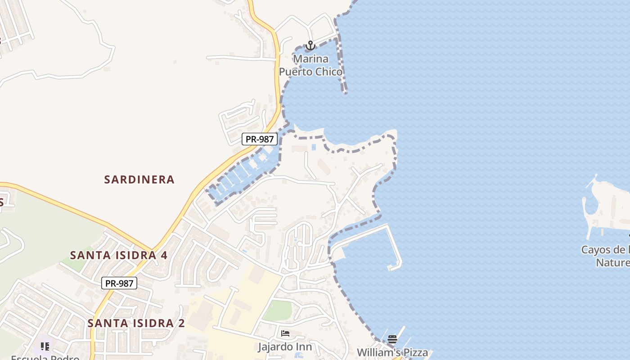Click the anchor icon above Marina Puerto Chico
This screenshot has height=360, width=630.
click(x=310, y=45)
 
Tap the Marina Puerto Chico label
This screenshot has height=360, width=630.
click(x=310, y=65)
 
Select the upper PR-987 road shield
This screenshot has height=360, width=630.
click(x=259, y=139)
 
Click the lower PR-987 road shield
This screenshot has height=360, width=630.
click(x=119, y=283)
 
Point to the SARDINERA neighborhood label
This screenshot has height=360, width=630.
click(x=139, y=180)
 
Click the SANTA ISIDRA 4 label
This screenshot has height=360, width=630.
click(x=119, y=255)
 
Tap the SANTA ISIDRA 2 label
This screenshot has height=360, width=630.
click(x=136, y=323)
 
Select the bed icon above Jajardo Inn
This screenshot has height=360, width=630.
click(x=285, y=333)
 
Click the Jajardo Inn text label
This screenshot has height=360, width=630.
click(x=285, y=347)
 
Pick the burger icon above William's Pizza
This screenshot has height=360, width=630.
click(x=392, y=339)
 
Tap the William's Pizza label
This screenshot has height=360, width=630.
click(x=392, y=352)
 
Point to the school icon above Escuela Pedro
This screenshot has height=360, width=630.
click(x=45, y=346)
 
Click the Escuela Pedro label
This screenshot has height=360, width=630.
click(x=45, y=357)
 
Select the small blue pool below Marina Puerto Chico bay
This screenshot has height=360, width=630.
click(x=314, y=147)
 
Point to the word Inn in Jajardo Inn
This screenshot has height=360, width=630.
click(x=304, y=347)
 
